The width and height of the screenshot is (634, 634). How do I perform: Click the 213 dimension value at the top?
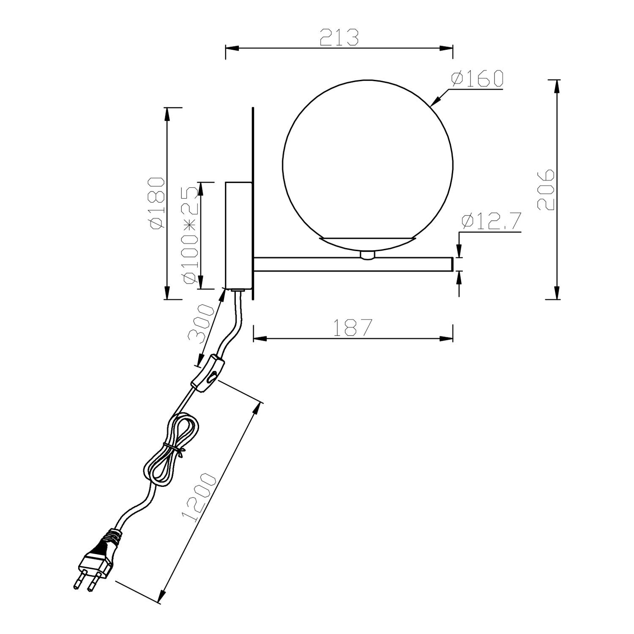pos(339,37)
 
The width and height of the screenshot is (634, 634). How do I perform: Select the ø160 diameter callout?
pos(477,79)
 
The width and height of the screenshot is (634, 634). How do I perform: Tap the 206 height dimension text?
pos(546,190)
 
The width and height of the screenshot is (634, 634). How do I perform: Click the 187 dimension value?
pos(353,328)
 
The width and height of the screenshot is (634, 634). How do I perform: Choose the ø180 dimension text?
pos(156,203)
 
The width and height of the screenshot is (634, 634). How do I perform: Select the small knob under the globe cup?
pos(367,255)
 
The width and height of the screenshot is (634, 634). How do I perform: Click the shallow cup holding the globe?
pos(367,243)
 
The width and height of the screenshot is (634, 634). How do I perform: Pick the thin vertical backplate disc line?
pos(253,203)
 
